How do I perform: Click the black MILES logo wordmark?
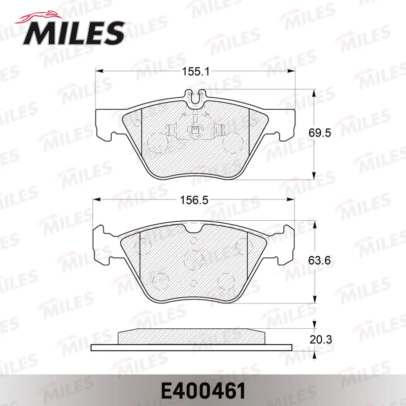pyautogui.click(x=74, y=33)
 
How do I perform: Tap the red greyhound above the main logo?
pyautogui.click(x=39, y=18)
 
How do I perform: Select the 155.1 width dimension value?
pyautogui.click(x=195, y=72)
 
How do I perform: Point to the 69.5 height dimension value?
pyautogui.click(x=320, y=133)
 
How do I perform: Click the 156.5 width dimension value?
pyautogui.click(x=194, y=200)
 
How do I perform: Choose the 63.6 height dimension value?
pyautogui.click(x=320, y=260)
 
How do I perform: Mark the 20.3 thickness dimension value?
pyautogui.click(x=321, y=340)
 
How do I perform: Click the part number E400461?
pyautogui.click(x=203, y=391)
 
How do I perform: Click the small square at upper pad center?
pyautogui.click(x=194, y=129)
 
